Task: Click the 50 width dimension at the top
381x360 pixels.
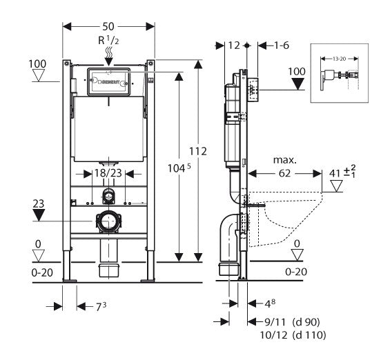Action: click(108, 25)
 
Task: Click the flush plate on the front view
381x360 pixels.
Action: click(108, 82)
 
